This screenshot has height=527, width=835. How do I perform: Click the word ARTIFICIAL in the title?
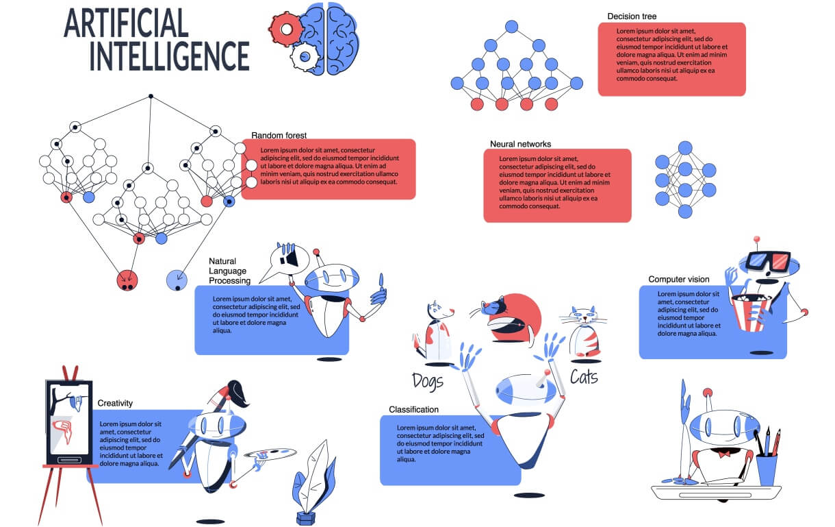(x=126, y=24)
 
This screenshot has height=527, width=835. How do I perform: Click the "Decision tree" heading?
(x=632, y=16)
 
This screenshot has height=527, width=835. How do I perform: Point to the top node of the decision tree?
(x=511, y=27)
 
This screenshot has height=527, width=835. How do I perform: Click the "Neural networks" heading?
(x=520, y=144)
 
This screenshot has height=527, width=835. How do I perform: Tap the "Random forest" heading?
(x=279, y=135)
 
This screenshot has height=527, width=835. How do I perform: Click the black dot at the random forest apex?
(x=151, y=96)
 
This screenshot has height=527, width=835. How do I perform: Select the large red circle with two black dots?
(x=127, y=280)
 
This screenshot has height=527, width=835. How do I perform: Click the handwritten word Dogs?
(x=428, y=380)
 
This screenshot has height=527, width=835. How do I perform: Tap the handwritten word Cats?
(x=584, y=376)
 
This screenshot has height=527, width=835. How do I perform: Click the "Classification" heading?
(x=413, y=410)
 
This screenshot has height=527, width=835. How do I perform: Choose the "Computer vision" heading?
(x=678, y=279)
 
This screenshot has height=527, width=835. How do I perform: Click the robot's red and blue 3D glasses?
(x=767, y=260)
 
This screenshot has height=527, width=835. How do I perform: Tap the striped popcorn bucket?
(x=751, y=312)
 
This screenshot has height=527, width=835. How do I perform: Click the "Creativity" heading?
(x=115, y=403)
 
